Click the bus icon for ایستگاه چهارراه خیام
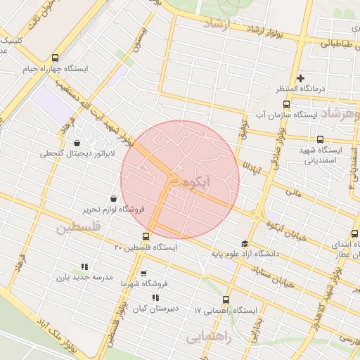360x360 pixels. [x=56, y=58]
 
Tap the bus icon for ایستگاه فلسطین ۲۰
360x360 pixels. [x=146, y=236]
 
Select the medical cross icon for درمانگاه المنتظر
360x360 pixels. [x=300, y=78]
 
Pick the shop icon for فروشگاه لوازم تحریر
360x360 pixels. [x=114, y=198]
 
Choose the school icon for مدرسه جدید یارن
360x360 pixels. [x=84, y=266]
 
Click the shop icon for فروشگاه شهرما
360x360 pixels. [x=143, y=274]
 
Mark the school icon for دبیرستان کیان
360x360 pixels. [x=155, y=298]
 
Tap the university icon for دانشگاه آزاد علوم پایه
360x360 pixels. [x=244, y=243]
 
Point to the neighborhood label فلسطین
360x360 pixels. [x=79, y=228]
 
